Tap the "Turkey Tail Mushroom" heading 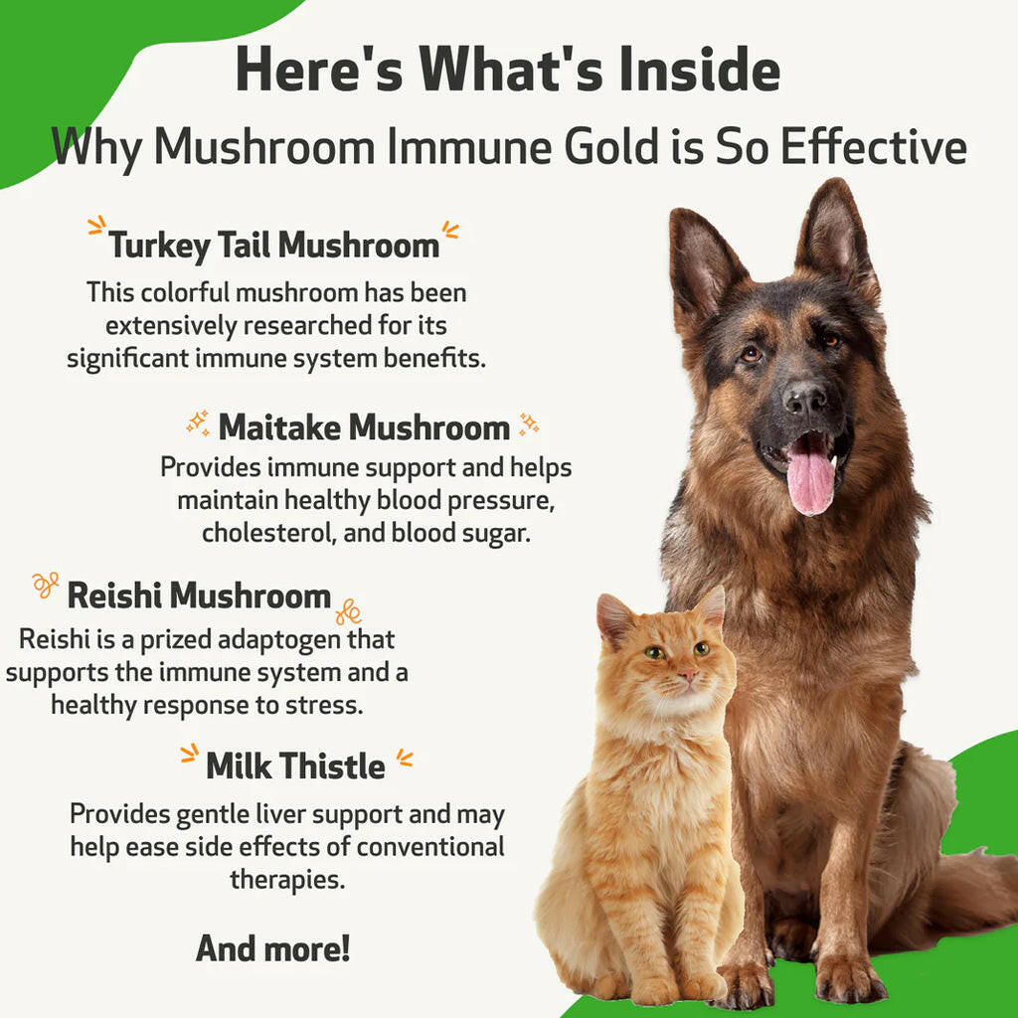[x=273, y=246]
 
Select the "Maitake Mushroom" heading [x=364, y=427]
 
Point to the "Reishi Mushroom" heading [x=199, y=595]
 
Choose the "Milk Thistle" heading [x=295, y=766]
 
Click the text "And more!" [x=272, y=947]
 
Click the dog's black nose [x=804, y=398]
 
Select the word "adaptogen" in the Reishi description [x=282, y=639]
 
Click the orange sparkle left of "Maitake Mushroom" [x=199, y=424]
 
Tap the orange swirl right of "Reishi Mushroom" [x=348, y=609]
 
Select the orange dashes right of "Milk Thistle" [x=404, y=761]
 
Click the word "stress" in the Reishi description [x=328, y=705]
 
